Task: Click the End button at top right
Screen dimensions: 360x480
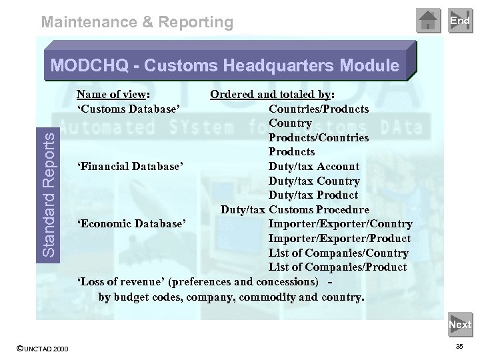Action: (x=459, y=21)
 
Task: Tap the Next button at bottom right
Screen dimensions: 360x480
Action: (x=459, y=325)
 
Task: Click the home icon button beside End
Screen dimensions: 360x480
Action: (x=429, y=21)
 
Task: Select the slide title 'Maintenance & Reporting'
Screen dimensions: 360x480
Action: (x=137, y=22)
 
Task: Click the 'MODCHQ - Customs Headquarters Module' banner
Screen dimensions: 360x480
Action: (x=225, y=66)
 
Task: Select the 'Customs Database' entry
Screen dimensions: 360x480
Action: (x=129, y=109)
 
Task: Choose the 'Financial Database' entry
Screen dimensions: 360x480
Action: (x=131, y=167)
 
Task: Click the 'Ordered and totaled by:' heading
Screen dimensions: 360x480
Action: (x=273, y=94)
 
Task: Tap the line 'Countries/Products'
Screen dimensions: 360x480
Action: (x=319, y=109)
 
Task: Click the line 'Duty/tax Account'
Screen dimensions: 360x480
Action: (x=313, y=167)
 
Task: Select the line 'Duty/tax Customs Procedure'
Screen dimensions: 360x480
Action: (x=295, y=210)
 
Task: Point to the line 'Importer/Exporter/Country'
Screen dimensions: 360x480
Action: (x=340, y=224)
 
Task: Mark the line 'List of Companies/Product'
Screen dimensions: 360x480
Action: (x=337, y=267)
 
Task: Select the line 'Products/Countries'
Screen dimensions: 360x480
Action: (x=319, y=137)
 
